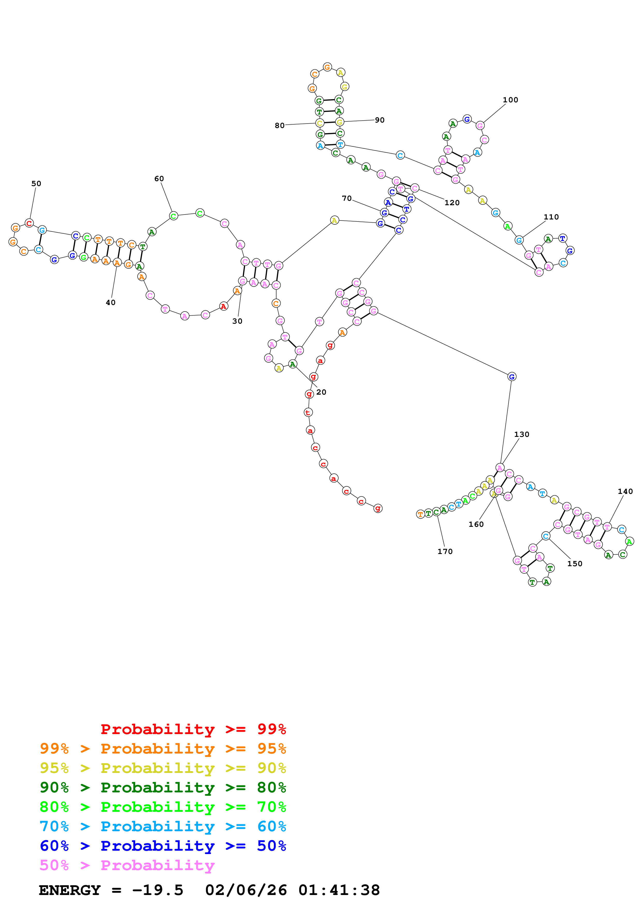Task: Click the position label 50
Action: pyautogui.click(x=36, y=184)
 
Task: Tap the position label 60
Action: pyautogui.click(x=159, y=179)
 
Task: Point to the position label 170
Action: pyautogui.click(x=445, y=551)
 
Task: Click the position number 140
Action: pyautogui.click(x=625, y=492)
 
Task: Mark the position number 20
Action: pyautogui.click(x=321, y=392)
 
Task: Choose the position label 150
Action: pyautogui.click(x=574, y=564)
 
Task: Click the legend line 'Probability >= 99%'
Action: pyautogui.click(x=193, y=729)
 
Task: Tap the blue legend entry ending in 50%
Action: pyautogui.click(x=163, y=846)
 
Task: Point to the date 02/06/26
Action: pyautogui.click(x=246, y=890)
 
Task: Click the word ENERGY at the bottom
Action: pyautogui.click(x=70, y=890)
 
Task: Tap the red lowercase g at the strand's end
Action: pyautogui.click(x=378, y=508)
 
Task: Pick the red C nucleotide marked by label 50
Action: pyautogui.click(x=29, y=223)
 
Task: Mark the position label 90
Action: pyautogui.click(x=379, y=120)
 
